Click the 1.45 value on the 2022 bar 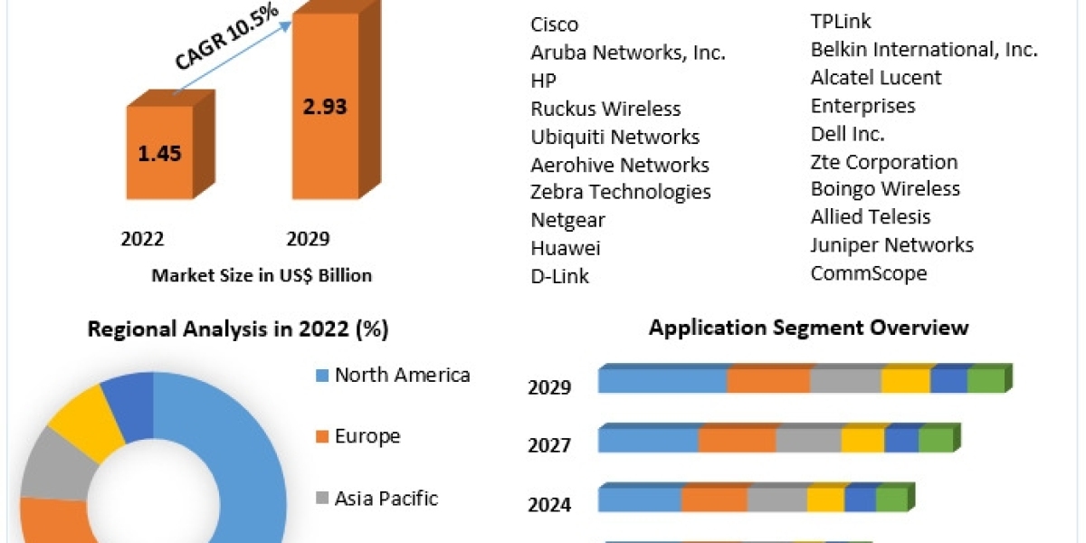click(159, 152)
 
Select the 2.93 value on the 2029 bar click(323, 106)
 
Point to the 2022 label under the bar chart click(142, 239)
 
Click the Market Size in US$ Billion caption click(262, 275)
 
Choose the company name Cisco click(554, 24)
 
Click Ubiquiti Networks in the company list click(614, 137)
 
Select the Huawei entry click(565, 248)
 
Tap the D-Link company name click(559, 276)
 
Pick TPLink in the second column click(841, 22)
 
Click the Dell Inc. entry click(847, 134)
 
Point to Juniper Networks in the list click(891, 245)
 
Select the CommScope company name click(869, 273)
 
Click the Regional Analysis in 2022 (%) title click(238, 329)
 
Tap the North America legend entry click(402, 375)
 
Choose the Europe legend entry click(367, 436)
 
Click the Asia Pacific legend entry click(386, 498)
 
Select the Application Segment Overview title click(808, 328)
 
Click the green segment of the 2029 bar click(986, 381)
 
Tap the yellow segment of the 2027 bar click(862, 441)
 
